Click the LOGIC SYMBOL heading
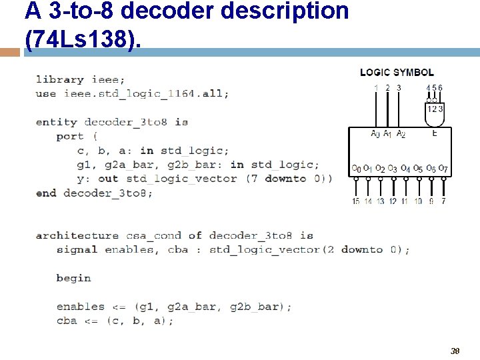pyautogui.click(x=397, y=72)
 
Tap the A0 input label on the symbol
pyautogui.click(x=375, y=134)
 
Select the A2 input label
pyautogui.click(x=401, y=134)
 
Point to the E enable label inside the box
pyautogui.click(x=435, y=133)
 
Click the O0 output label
pyautogui.click(x=356, y=168)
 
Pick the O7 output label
pyautogui.click(x=443, y=168)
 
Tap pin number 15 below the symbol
pyautogui.click(x=356, y=201)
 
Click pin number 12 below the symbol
pyautogui.click(x=393, y=201)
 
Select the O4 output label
pyautogui.click(x=405, y=168)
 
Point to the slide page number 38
pyautogui.click(x=455, y=351)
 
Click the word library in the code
pyautogui.click(x=60, y=79)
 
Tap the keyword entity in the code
pyautogui.click(x=57, y=122)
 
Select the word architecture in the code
pyautogui.click(x=77, y=235)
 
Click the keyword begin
pyautogui.click(x=73, y=278)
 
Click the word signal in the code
pyautogui.click(x=77, y=249)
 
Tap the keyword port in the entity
pyautogui.click(x=70, y=136)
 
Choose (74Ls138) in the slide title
pyautogui.click(x=83, y=39)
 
